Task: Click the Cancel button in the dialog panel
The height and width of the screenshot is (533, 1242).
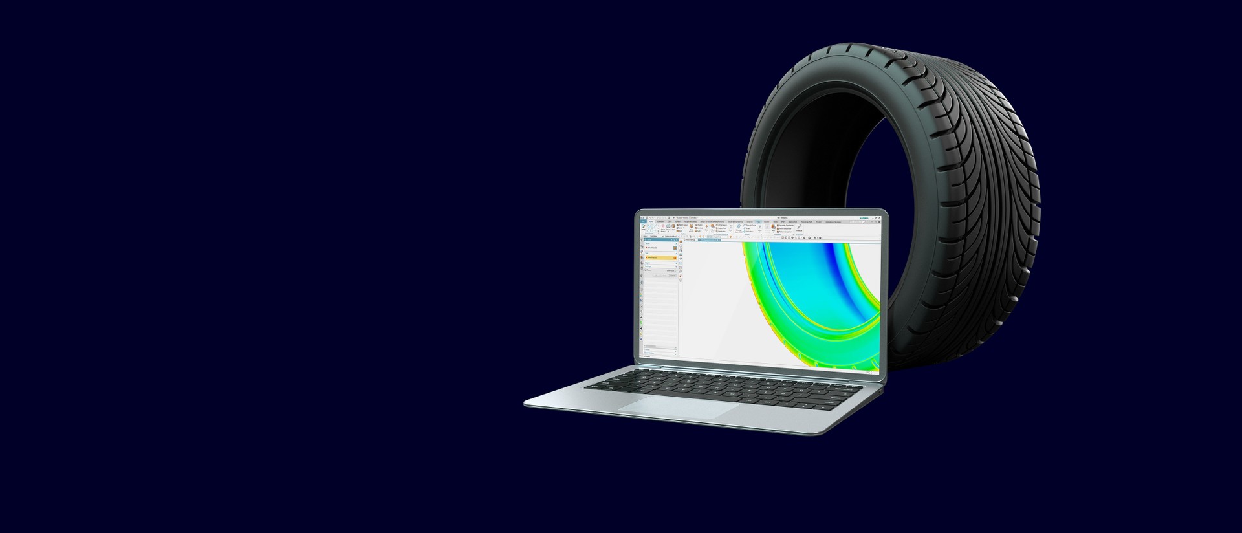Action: pos(673,276)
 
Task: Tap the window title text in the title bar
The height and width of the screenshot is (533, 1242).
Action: pos(783,218)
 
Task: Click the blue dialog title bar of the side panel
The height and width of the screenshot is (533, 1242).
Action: pos(659,239)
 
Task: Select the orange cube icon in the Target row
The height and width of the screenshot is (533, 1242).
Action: pos(675,248)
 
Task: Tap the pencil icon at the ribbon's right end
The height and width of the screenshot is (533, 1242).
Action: pos(799,226)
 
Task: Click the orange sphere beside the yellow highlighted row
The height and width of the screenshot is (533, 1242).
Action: pos(675,258)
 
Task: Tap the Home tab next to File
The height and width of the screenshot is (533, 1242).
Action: pos(651,221)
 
